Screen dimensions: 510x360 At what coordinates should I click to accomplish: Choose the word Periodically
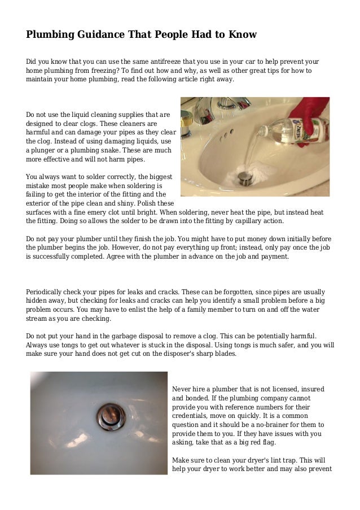point(47,291)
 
